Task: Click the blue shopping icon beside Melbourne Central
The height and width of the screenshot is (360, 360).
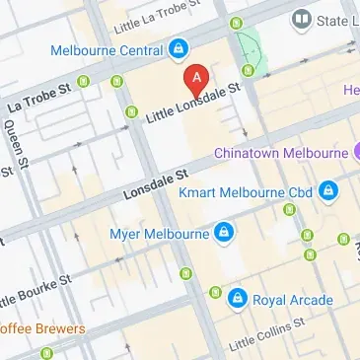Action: pos(178,46)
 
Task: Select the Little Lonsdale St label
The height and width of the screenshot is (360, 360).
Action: pos(193,104)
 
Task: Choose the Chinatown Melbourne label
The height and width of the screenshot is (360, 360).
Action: pos(281,153)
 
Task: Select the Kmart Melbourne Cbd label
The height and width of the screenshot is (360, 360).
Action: pos(245,190)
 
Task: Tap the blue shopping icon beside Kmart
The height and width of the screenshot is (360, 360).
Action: pos(328,189)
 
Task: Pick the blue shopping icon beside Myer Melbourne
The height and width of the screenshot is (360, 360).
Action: pos(225,233)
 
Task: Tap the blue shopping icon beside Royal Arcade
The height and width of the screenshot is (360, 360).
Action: pos(237,296)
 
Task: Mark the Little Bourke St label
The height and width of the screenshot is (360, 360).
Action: pos(35,291)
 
